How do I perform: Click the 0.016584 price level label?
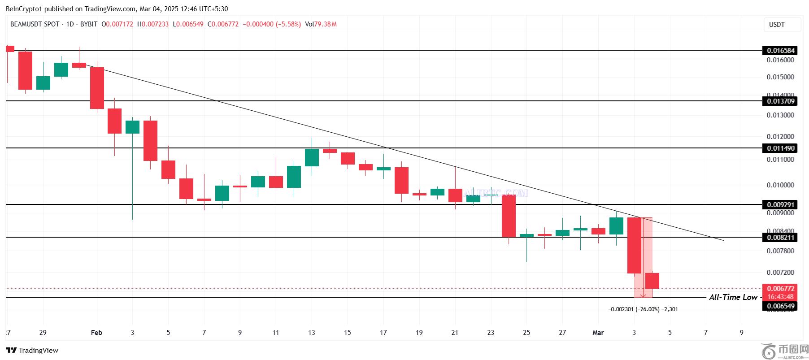[781, 51]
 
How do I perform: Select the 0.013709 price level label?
[781, 101]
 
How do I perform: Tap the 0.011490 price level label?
[781, 148]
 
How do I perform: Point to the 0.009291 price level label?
[781, 205]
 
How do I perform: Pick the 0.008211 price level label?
[781, 238]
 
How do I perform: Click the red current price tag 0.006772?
[781, 289]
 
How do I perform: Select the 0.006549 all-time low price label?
[781, 306]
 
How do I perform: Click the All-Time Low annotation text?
[733, 297]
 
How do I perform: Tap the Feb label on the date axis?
[96, 333]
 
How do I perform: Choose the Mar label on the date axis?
[598, 333]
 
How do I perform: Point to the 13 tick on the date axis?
[312, 333]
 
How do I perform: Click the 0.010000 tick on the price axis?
[780, 185]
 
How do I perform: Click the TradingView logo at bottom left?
[32, 351]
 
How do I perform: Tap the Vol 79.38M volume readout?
[321, 24]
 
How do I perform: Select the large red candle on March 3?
[634, 245]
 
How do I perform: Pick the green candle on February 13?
[312, 157]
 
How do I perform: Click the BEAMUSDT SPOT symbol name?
[35, 24]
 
